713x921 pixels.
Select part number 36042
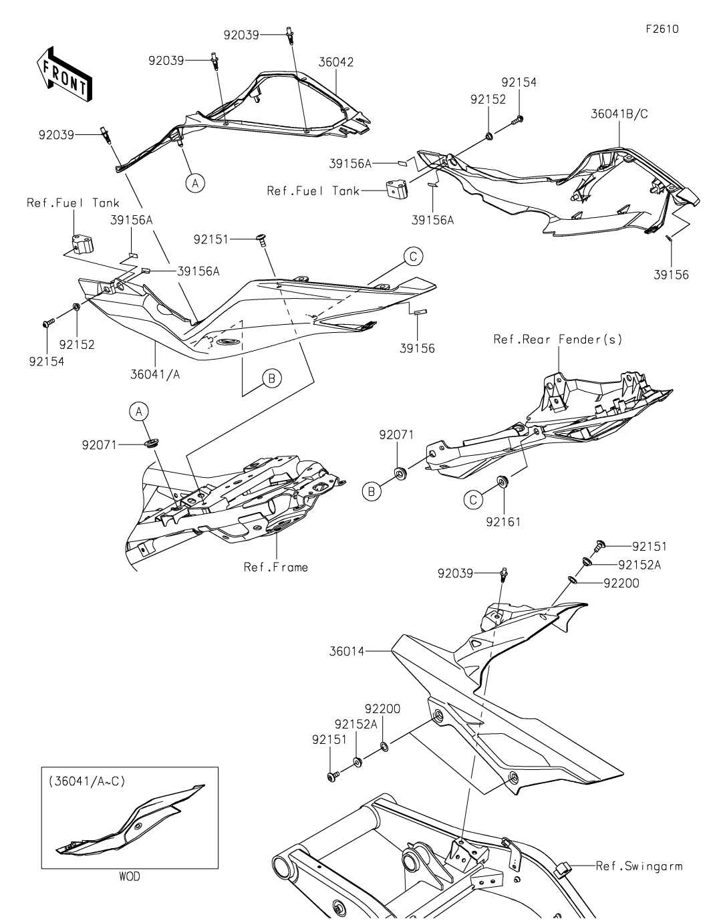[x=337, y=62]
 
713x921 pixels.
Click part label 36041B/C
[x=619, y=114]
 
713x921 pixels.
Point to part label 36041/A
[x=155, y=374]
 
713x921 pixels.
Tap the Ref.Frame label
[x=276, y=567]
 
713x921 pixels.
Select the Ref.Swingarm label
[x=639, y=866]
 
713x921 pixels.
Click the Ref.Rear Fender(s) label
[x=558, y=340]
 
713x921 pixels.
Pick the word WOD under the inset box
[x=130, y=876]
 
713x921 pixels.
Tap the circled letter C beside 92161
[x=473, y=498]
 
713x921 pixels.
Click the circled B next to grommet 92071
[x=372, y=491]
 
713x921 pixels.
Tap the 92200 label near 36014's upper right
[x=621, y=583]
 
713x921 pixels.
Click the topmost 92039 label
[x=241, y=35]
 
